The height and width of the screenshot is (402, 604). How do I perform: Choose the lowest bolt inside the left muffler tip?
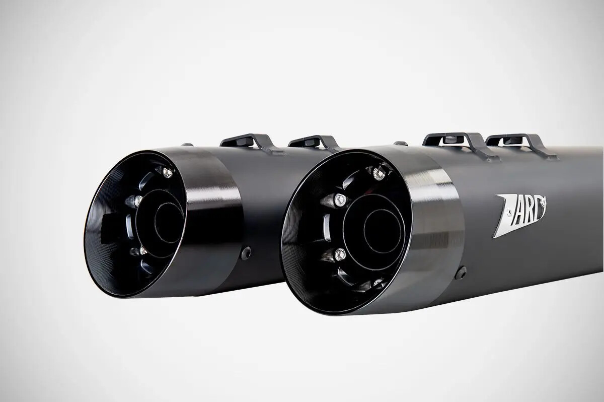pos(142,250)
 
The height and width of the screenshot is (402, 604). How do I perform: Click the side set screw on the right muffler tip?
pos(460,273)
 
